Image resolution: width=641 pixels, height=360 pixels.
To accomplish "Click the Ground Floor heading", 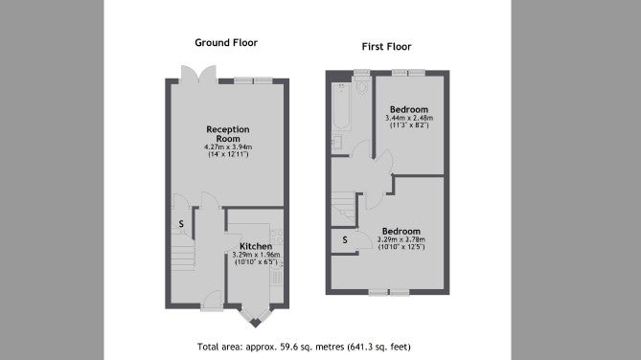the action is tap(226, 43).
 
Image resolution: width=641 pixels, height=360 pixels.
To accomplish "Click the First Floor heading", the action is tap(386, 47).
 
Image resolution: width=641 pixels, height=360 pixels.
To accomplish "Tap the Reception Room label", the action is tap(228, 134).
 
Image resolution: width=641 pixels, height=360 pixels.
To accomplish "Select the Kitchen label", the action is tap(256, 246).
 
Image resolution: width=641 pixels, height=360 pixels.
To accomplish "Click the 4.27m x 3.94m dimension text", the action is tap(228, 146).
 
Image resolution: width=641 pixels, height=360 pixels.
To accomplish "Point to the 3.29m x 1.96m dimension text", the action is tap(256, 255).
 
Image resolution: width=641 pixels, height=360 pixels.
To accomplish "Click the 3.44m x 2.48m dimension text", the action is tap(409, 118).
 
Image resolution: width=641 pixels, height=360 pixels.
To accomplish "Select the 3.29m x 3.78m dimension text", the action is tap(401, 239).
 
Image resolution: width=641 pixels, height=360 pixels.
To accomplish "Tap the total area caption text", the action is tap(304, 347).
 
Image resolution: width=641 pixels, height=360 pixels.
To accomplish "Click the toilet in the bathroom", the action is tap(362, 86).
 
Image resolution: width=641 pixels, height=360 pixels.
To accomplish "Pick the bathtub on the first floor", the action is tap(341, 106).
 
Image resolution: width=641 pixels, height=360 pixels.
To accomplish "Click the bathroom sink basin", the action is tap(337, 142).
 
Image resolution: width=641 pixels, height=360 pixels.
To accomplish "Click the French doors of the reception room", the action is tap(198, 75).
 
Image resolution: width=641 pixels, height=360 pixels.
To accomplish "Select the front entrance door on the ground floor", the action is tap(212, 302).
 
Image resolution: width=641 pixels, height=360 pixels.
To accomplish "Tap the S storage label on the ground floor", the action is tap(181, 224).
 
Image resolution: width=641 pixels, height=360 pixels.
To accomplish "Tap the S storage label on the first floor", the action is tap(345, 240).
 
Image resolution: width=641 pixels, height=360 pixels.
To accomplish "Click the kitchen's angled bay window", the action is tap(256, 317).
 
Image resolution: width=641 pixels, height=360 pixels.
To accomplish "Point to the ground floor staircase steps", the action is tap(182, 253).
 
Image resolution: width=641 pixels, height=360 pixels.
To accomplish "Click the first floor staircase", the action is tap(343, 209).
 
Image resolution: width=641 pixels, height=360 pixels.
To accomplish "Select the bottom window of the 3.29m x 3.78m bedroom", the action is tap(389, 292).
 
